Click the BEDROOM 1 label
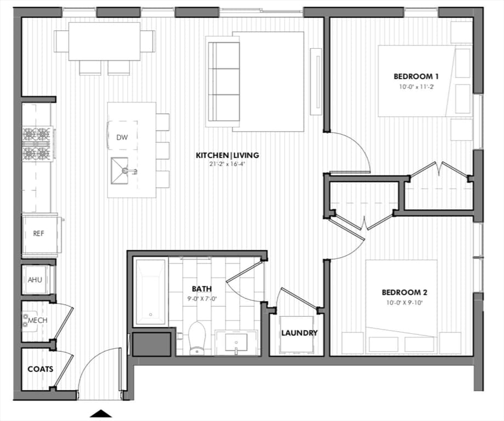point(416,77)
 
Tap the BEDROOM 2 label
point(404,292)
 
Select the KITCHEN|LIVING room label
point(228,155)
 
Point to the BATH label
point(202,288)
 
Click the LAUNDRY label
point(299,333)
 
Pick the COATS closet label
point(41,369)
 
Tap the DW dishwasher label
point(122,138)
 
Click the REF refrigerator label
point(38,234)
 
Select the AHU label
point(35,280)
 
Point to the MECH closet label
point(38,321)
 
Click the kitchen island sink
point(120,170)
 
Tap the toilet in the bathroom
point(197,338)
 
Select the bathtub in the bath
point(151,292)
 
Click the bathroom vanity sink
point(236,343)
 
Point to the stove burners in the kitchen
point(37,144)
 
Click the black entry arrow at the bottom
point(101,414)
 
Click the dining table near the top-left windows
point(104,41)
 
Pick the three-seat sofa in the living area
point(224,81)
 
